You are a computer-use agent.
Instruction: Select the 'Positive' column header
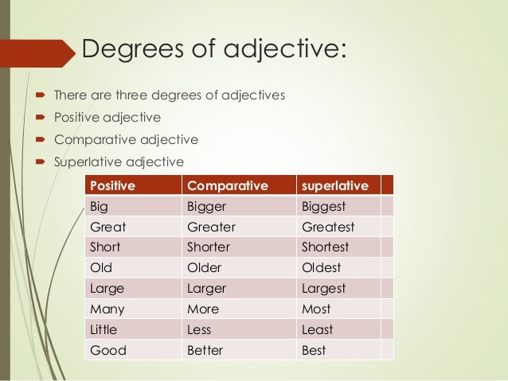pyautogui.click(x=113, y=186)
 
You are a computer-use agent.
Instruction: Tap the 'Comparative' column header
pyautogui.click(x=225, y=186)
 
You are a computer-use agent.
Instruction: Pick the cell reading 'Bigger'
pyautogui.click(x=206, y=207)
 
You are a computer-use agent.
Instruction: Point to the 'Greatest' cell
pyautogui.click(x=328, y=227)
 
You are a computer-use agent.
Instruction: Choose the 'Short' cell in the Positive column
pyautogui.click(x=107, y=247)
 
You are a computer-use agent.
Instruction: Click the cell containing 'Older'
pyautogui.click(x=204, y=268)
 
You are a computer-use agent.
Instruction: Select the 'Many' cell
pyautogui.click(x=108, y=309)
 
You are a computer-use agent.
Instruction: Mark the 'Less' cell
pyautogui.click(x=199, y=330)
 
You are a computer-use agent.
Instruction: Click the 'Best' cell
pyautogui.click(x=315, y=351)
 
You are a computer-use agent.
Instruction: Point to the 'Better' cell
pyautogui.click(x=205, y=351)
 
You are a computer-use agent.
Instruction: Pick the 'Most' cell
pyautogui.click(x=316, y=309)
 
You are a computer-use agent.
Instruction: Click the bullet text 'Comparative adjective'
pyautogui.click(x=126, y=140)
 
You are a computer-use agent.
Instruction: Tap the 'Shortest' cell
pyautogui.click(x=326, y=247)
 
